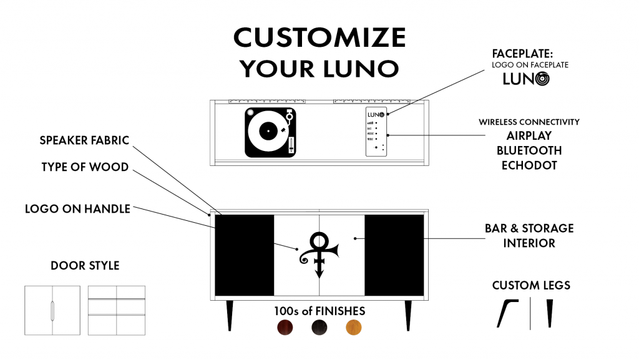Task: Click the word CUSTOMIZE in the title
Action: tap(319, 38)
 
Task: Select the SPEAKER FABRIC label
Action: tap(85, 140)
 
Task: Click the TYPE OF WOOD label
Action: tap(85, 167)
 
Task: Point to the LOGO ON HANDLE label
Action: tap(77, 209)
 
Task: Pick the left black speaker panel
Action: tap(245, 255)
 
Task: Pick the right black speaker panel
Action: tap(394, 255)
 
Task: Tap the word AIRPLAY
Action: tap(529, 136)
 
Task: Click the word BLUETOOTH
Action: tap(529, 151)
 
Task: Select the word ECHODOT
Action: tap(529, 166)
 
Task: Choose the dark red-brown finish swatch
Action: tap(285, 327)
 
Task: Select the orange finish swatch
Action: tap(354, 327)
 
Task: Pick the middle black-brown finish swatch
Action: tap(319, 327)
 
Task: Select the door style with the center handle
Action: tap(52, 310)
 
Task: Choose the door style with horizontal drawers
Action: tap(117, 310)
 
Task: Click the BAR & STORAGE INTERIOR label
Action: tap(529, 235)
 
